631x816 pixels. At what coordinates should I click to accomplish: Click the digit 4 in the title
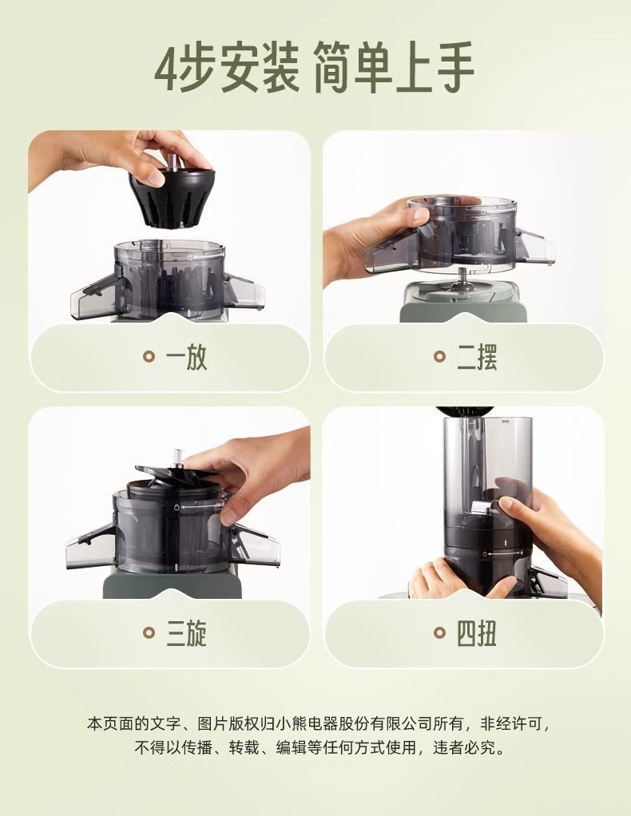pos(167,68)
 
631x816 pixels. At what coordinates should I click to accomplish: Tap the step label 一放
pos(186,357)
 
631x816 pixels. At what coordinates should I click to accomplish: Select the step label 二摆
pos(477,357)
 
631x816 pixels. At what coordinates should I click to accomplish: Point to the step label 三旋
pos(186,633)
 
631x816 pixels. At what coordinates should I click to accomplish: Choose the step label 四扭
pos(477,633)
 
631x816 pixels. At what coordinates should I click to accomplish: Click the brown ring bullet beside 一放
pos(149,357)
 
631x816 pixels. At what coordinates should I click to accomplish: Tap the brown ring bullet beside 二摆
pos(440,357)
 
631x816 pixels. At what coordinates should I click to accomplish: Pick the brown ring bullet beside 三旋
pos(149,633)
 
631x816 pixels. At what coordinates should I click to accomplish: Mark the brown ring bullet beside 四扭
pos(440,633)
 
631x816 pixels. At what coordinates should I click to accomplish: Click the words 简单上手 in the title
pos(394,68)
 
